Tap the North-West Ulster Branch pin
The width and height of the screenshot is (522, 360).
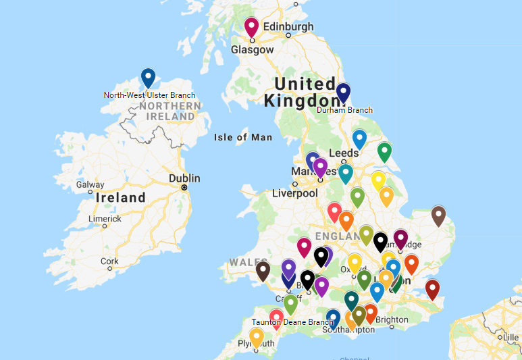[148, 78]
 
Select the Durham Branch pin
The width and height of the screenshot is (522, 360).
[344, 92]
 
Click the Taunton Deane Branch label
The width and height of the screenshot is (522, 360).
[292, 322]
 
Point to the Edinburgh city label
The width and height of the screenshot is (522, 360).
[288, 26]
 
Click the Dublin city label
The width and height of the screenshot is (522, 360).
[184, 178]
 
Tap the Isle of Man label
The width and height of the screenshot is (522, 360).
[243, 138]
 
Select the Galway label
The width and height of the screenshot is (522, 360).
[90, 184]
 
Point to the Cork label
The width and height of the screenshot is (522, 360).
[109, 261]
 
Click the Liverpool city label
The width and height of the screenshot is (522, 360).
[294, 193]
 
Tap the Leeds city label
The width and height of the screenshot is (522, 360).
[343, 153]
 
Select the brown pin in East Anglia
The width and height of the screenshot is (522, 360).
[438, 215]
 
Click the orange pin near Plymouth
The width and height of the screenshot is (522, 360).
[257, 336]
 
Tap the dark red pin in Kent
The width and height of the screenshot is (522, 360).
[432, 288]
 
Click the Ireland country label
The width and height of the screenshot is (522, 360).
[121, 198]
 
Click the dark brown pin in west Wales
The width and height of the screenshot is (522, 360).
[263, 270]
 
